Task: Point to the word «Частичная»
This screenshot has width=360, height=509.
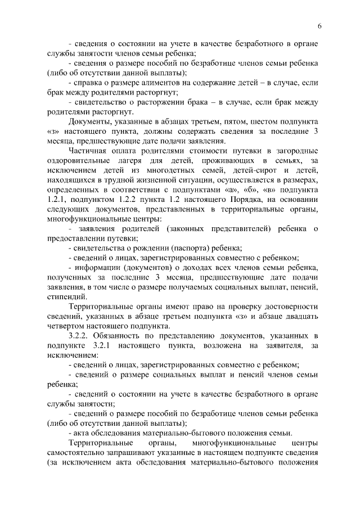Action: [x=89, y=151]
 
